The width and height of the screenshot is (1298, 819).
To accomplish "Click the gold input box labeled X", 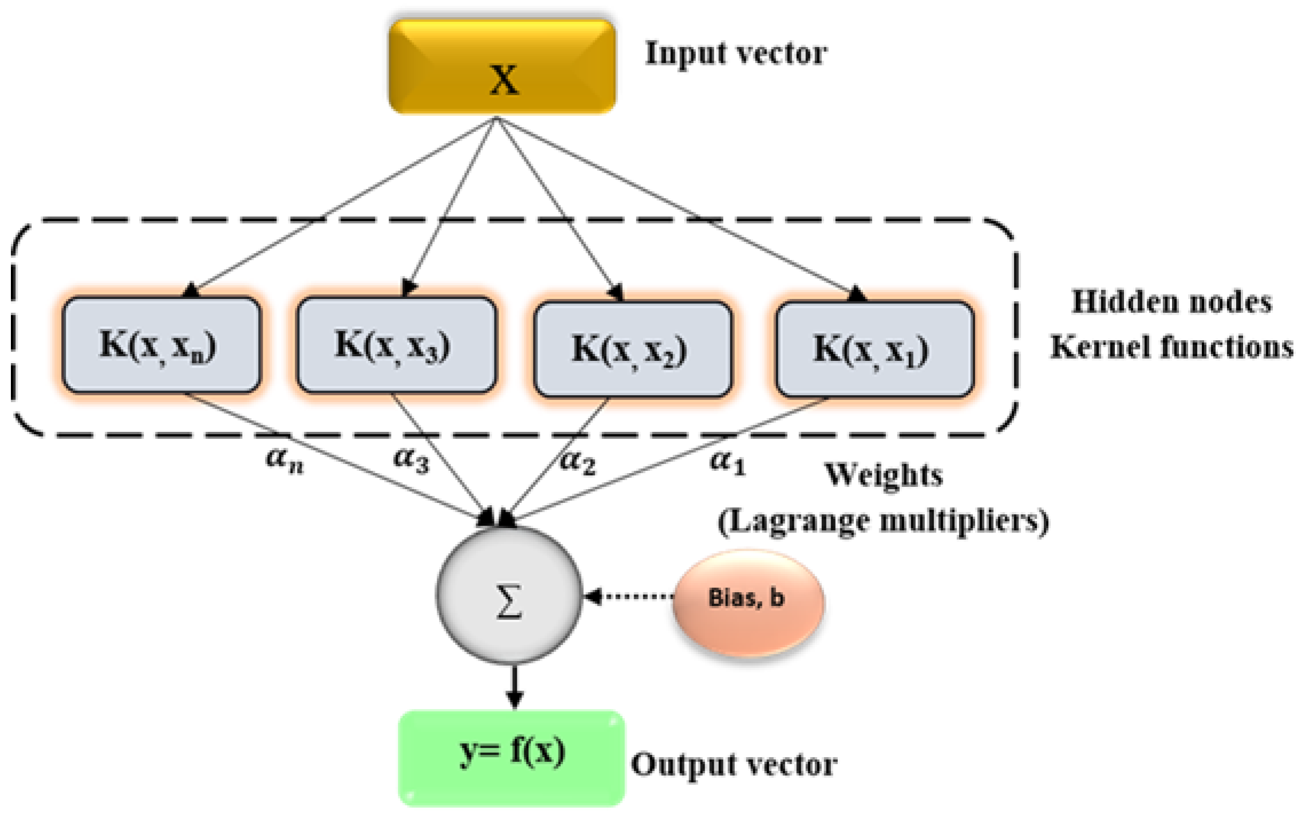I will (502, 67).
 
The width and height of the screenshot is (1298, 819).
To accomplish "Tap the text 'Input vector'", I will (736, 53).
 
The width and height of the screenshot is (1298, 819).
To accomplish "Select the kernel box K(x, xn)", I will (161, 345).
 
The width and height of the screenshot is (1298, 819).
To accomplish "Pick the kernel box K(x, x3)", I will (396, 345).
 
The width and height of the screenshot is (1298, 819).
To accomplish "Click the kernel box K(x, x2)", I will (632, 349).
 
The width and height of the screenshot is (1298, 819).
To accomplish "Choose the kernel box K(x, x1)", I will (874, 349).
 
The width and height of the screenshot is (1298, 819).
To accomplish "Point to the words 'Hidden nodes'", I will (1172, 302).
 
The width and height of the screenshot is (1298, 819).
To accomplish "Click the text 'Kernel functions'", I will (1172, 347).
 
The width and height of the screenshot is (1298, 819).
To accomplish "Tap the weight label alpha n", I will (284, 460).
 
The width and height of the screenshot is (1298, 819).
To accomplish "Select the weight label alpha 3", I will (411, 460).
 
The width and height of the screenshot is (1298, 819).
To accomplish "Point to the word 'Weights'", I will (884, 475).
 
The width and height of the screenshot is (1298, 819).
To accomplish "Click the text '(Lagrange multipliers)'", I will (883, 521).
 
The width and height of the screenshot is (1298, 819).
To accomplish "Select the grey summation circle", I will (509, 596).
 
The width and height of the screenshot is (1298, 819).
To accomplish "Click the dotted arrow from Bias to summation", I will (630, 597).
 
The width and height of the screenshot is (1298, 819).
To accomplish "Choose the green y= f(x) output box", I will (512, 758).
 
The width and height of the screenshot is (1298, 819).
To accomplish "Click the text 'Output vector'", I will (734, 765).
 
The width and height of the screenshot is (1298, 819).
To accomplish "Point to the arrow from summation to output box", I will (515, 687).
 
